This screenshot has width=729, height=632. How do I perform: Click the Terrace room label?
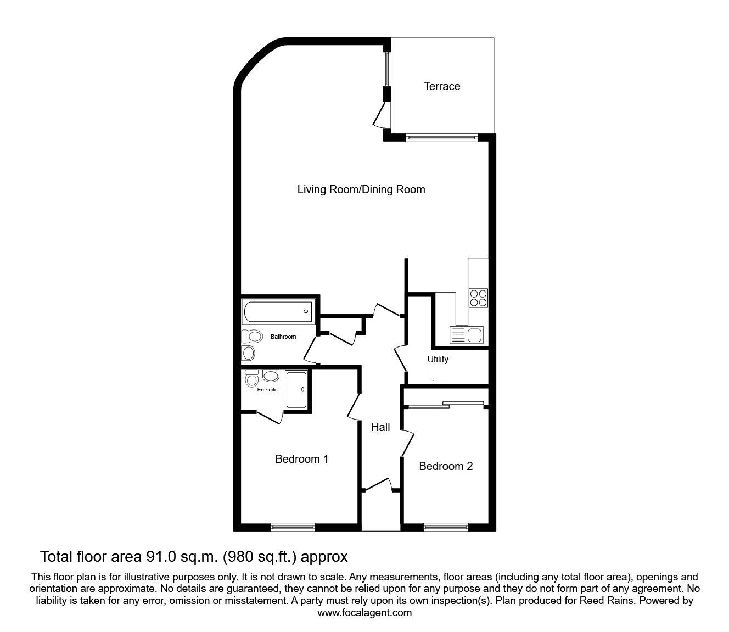[442, 86]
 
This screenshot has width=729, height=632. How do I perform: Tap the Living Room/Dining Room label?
[361, 189]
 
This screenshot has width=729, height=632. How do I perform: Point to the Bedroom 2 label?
[446, 466]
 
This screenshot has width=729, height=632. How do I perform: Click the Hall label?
[380, 427]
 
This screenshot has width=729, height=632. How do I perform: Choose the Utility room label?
[438, 359]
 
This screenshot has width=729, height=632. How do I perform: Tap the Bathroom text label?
[283, 337]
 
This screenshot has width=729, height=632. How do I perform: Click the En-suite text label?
[267, 389]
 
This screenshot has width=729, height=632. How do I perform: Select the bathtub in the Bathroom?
[278, 311]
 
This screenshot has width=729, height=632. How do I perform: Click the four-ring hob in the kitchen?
[478, 298]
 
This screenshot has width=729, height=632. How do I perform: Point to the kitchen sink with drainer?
[466, 335]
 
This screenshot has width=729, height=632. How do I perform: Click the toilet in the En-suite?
[251, 378]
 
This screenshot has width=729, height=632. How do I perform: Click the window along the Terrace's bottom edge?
[441, 138]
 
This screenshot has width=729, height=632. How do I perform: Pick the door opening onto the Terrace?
[382, 115]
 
